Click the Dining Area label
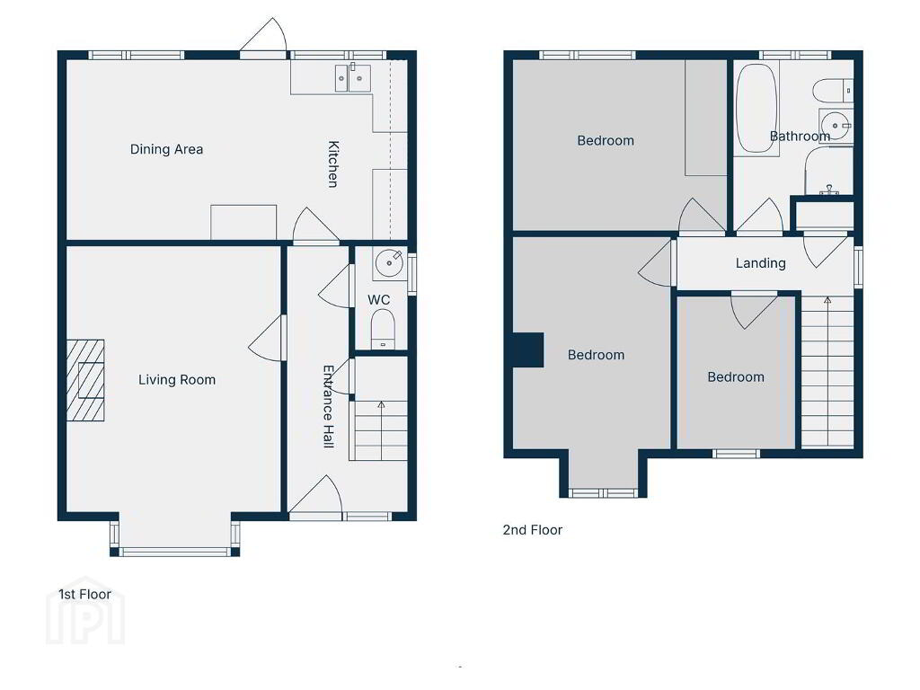166,149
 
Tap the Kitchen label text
332,164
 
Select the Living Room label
177,380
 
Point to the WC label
378,300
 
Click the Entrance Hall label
329,406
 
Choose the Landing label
760,263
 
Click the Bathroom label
800,137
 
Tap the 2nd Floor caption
532,530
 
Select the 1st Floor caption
84,595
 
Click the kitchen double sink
352,78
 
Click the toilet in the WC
383,329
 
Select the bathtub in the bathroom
756,108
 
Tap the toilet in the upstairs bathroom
833,91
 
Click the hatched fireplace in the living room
85,380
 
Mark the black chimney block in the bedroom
528,350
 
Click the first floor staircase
379,430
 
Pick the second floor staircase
827,372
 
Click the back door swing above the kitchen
263,35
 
